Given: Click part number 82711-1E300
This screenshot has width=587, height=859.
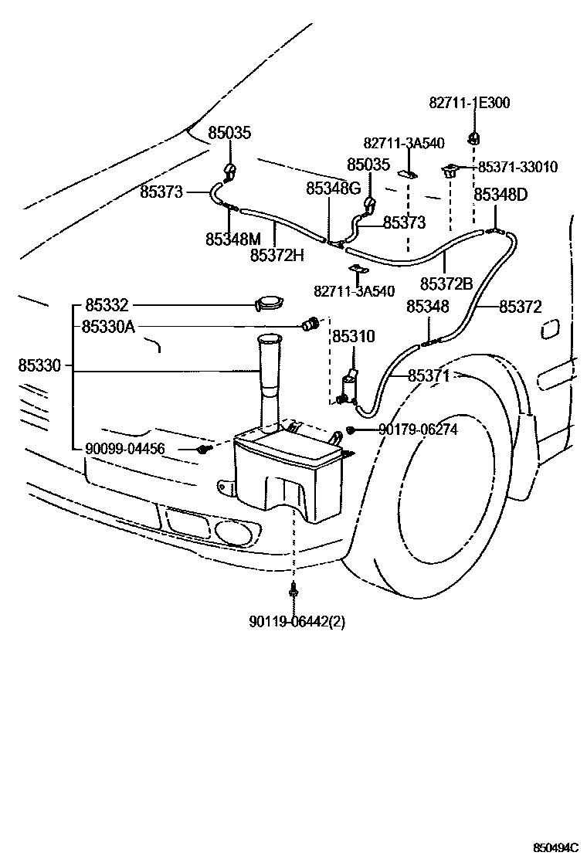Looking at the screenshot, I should click(469, 102).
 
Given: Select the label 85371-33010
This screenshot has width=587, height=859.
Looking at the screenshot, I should click(517, 167).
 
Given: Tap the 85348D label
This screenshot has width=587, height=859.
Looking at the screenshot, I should click(500, 194).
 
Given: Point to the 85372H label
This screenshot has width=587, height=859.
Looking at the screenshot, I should click(277, 255).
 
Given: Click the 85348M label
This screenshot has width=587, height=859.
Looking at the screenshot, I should click(233, 239).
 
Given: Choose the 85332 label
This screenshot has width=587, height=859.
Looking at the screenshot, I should click(107, 305).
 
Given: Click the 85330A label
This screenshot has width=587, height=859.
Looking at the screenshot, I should click(108, 327).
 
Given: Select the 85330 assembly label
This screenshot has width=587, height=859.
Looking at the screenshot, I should click(39, 365).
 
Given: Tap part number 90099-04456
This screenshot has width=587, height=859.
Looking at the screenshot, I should click(125, 448).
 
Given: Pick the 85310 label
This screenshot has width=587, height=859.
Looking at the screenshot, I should click(353, 337).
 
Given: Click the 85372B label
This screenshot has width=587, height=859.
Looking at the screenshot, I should click(446, 283).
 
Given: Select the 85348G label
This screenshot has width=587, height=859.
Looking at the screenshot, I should click(333, 188).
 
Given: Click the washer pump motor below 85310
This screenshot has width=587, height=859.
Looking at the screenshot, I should click(351, 386).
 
